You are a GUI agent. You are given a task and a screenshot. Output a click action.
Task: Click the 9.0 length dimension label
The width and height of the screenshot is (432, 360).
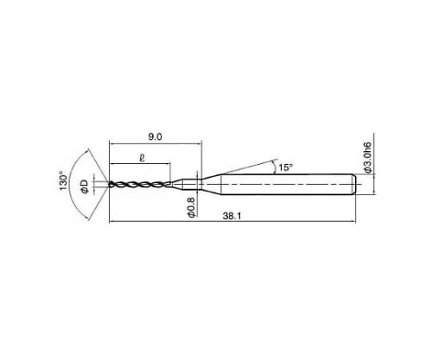155,136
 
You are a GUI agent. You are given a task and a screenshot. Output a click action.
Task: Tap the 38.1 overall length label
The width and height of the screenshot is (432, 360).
232,216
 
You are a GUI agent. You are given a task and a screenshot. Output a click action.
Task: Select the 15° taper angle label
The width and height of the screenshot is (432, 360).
285,167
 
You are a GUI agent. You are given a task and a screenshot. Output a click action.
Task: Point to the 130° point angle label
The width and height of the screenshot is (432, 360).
63,180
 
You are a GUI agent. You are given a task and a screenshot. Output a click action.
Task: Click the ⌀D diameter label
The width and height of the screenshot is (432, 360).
85,186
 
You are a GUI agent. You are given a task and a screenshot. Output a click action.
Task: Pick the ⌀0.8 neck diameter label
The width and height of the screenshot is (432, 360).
191,207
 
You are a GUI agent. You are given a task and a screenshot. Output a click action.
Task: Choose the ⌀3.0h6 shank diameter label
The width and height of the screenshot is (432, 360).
368,157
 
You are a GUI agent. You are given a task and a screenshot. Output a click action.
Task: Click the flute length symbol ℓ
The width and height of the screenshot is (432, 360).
142,157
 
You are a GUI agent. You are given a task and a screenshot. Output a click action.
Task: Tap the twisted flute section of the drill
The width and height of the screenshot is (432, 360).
140,185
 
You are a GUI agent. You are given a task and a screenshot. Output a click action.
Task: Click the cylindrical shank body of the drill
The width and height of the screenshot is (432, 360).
288,185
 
